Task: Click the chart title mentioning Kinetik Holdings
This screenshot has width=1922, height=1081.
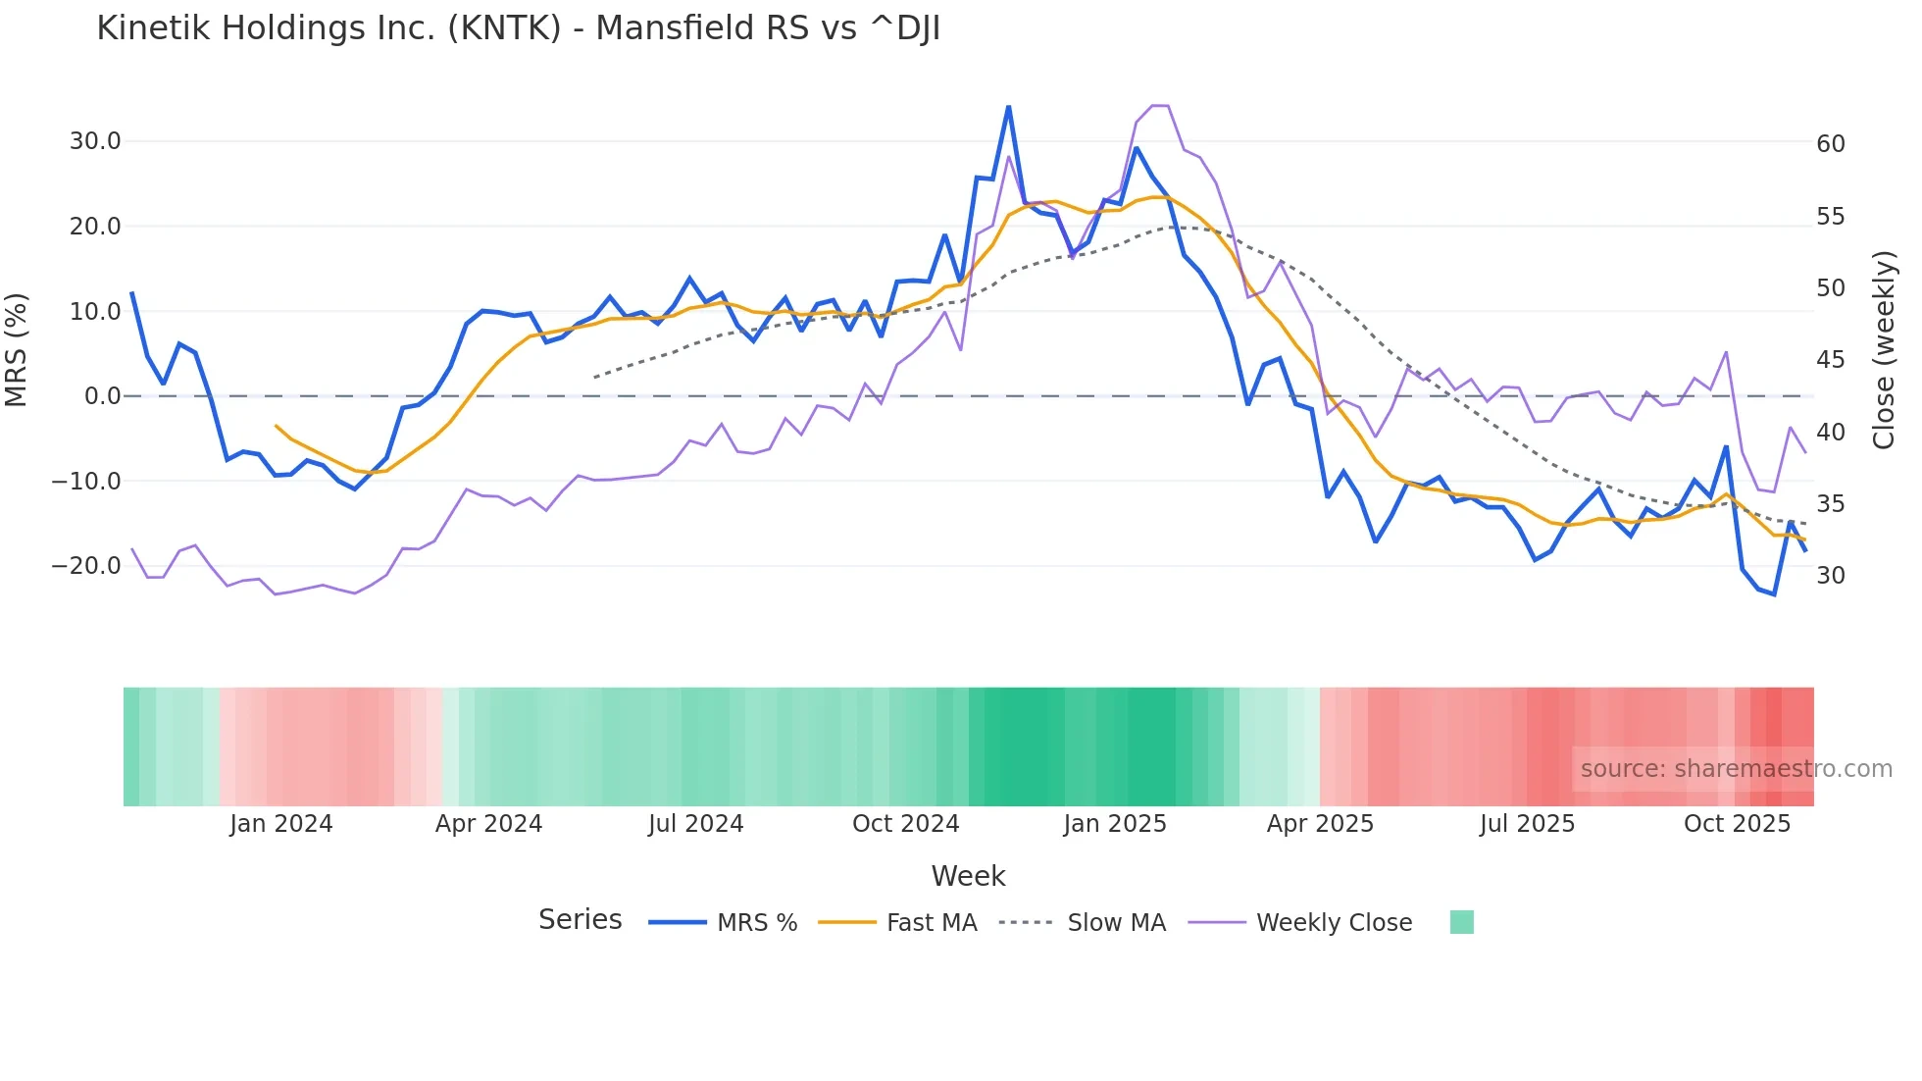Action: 518,28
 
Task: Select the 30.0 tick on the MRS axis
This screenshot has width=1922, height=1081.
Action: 95,141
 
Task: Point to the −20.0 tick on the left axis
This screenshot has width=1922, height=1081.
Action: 86,566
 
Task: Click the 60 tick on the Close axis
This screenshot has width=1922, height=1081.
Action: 1831,144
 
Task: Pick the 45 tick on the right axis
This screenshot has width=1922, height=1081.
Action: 1831,360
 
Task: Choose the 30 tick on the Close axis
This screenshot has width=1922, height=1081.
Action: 1831,576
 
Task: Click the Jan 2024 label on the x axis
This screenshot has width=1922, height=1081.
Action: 281,824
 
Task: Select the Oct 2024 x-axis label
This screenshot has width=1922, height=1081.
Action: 905,824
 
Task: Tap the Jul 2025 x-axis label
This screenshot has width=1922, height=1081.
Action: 1527,824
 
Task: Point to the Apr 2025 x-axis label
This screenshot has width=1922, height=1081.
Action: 1320,824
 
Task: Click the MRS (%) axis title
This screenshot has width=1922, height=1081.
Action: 17,349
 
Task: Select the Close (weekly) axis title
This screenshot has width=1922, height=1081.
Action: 1884,349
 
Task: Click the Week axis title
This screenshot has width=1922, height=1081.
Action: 968,876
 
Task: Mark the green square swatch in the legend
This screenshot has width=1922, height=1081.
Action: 1461,922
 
